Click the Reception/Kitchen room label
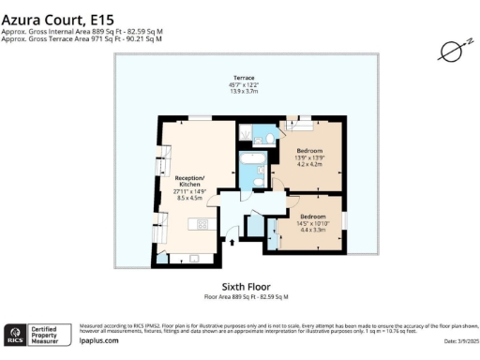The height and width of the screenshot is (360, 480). point(190,180)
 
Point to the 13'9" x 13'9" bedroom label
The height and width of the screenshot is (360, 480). point(313,155)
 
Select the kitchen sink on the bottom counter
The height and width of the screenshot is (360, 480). point(192,257)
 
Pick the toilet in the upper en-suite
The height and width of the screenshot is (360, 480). point(269,139)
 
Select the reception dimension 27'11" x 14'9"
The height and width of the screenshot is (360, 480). point(190,191)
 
